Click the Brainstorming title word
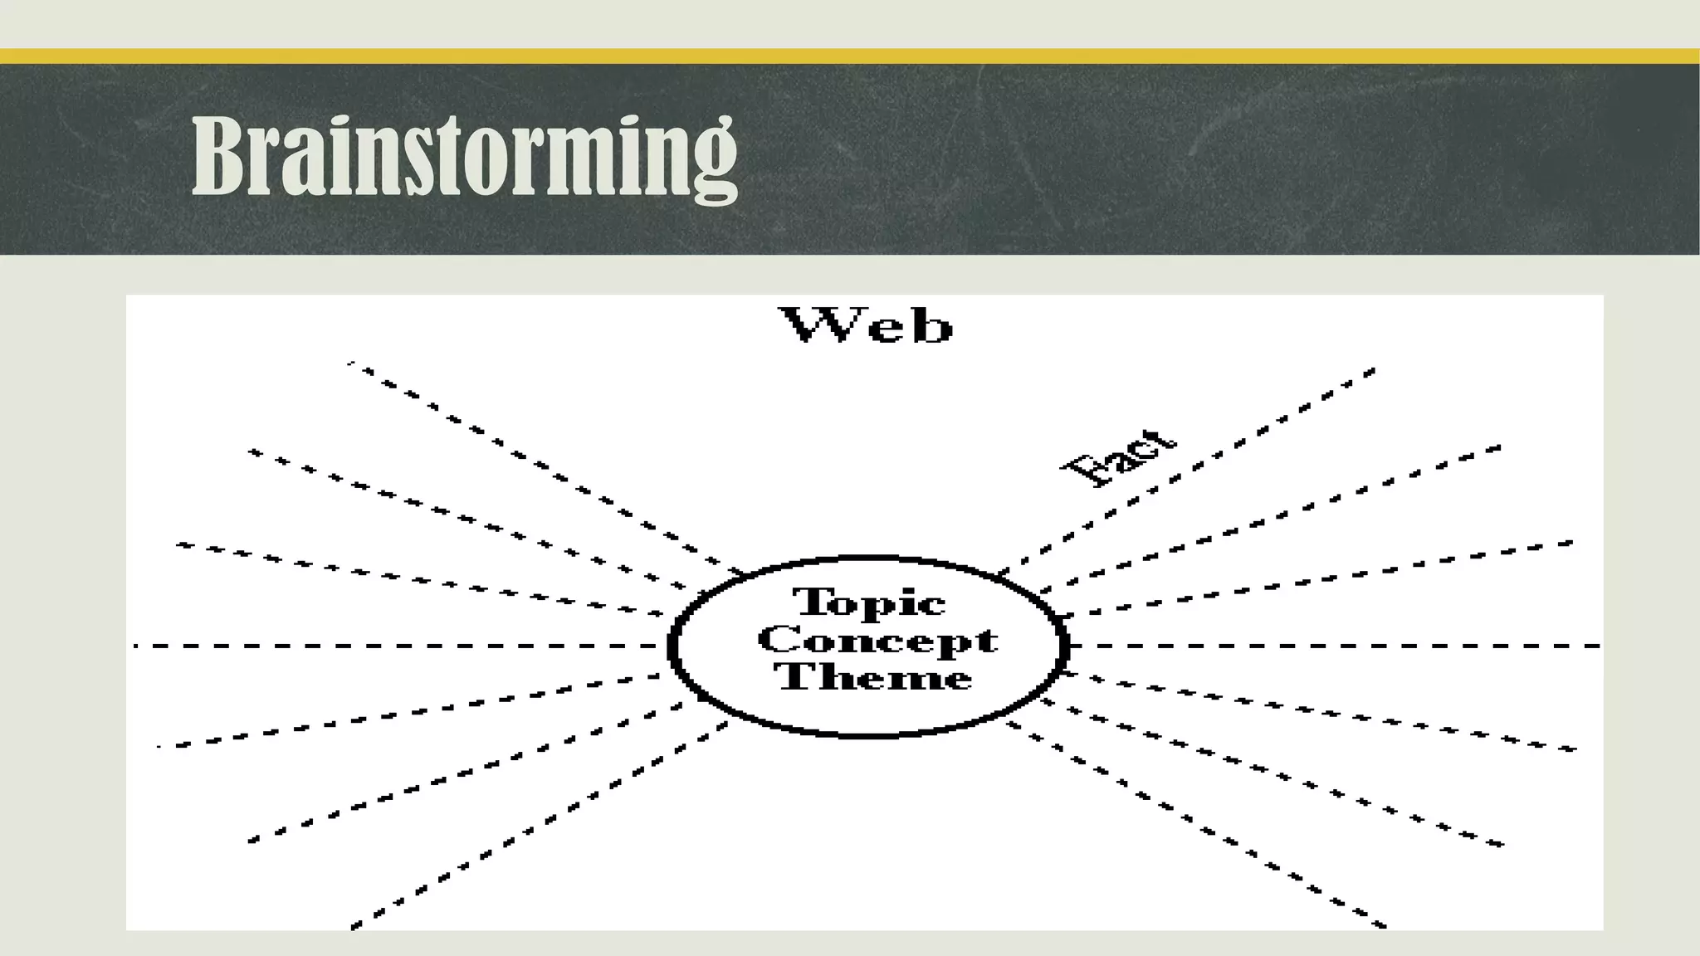tap(464, 157)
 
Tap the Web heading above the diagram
tap(866, 325)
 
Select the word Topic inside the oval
tap(869, 602)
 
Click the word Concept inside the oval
tap(877, 640)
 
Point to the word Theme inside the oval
tap(874, 677)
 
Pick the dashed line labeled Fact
tap(1204, 461)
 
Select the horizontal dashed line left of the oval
tap(398, 646)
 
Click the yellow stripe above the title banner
tap(850, 56)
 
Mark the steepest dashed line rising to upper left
tap(540, 465)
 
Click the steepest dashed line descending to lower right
tap(1195, 826)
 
